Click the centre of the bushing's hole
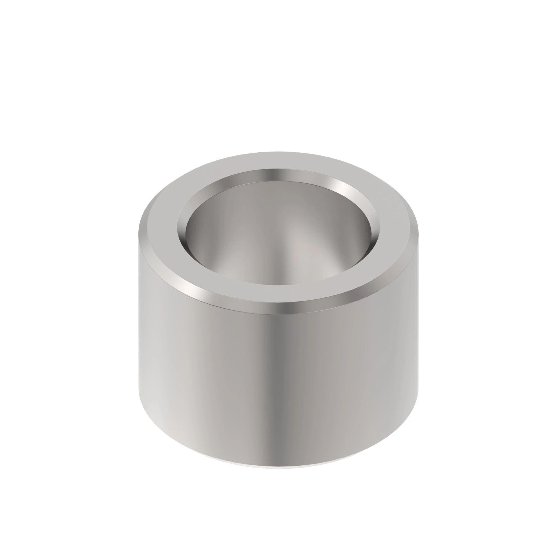tap(278, 231)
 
